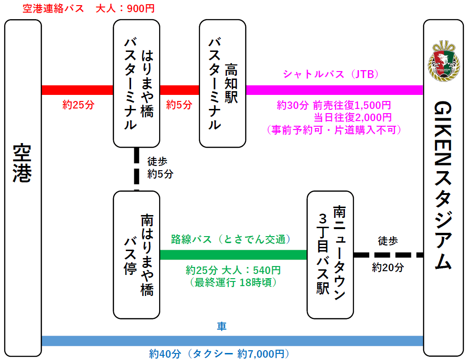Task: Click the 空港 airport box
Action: [x=22, y=187]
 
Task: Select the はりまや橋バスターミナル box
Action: [x=137, y=83]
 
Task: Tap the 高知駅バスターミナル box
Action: [x=223, y=83]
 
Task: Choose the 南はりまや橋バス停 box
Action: [x=137, y=255]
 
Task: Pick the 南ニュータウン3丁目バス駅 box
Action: [x=330, y=255]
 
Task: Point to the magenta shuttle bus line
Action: [x=334, y=90]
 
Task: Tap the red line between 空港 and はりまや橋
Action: [x=77, y=90]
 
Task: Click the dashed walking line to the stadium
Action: [x=388, y=255]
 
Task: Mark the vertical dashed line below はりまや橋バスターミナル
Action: [x=137, y=168]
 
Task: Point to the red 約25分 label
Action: [x=79, y=105]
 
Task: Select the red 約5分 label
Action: [x=179, y=105]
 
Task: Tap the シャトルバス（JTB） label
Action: [x=330, y=74]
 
